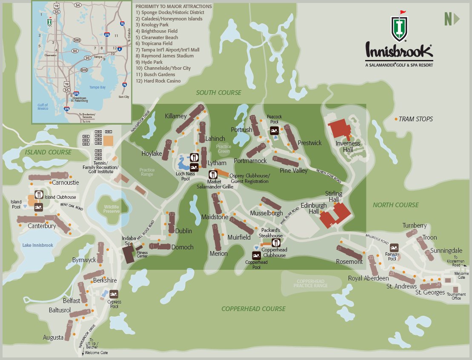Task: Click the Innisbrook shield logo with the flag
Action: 399,29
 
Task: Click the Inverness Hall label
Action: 348,146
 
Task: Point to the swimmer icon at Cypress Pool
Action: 114,294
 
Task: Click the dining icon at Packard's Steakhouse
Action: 276,243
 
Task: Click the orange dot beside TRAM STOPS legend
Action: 396,119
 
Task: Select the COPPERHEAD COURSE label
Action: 253,309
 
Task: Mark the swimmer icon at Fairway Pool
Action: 394,248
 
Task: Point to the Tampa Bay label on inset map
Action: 97,87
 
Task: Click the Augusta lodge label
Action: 53,337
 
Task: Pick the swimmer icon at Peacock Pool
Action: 275,130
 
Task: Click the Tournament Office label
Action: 456,296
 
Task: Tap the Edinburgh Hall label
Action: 314,208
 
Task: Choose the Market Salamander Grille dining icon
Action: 213,174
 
